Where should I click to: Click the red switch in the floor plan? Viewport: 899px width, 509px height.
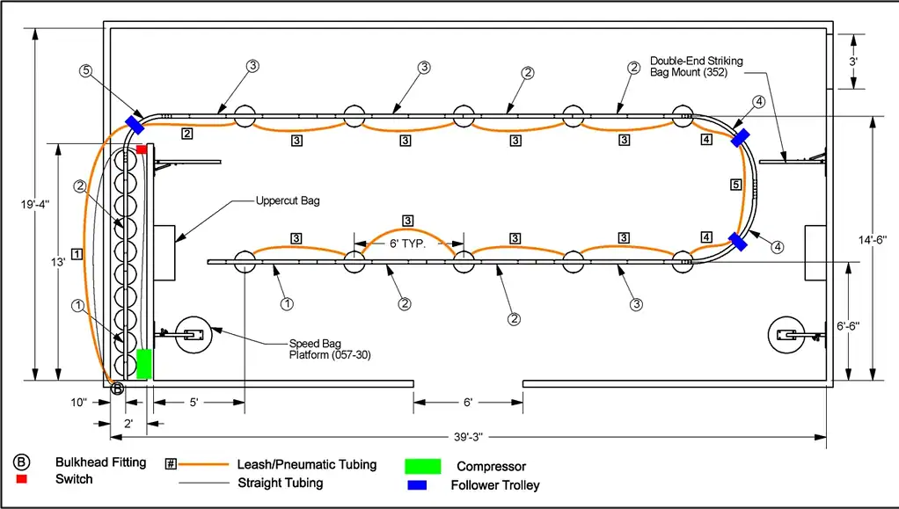pyautogui.click(x=142, y=149)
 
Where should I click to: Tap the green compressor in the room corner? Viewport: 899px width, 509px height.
pyautogui.click(x=144, y=364)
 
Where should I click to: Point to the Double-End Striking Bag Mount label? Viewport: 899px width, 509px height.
pyautogui.click(x=697, y=66)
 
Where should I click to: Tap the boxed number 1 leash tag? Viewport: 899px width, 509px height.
pyautogui.click(x=77, y=254)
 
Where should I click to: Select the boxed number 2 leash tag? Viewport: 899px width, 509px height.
pyautogui.click(x=186, y=135)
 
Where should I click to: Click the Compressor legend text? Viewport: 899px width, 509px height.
pyautogui.click(x=491, y=466)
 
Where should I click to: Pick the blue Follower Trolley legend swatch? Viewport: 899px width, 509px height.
pyautogui.click(x=417, y=484)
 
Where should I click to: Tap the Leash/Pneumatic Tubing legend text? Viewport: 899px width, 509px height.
pyautogui.click(x=306, y=464)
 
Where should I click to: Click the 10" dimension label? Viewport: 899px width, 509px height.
pyautogui.click(x=79, y=403)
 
